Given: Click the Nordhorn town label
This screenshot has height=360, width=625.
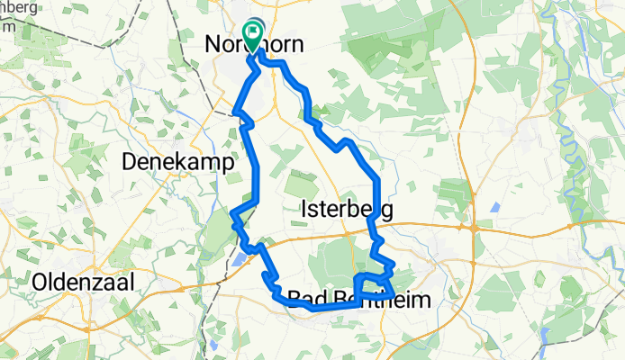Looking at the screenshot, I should pos(255,44).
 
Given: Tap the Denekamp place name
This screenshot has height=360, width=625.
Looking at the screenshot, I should pos(177,162).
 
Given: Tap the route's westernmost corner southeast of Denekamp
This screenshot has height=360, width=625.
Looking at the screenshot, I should pos(232,214).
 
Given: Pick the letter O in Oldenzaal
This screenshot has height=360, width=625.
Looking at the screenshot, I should pos(40,283).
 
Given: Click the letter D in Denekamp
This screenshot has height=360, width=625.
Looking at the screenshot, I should pos(128,163).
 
